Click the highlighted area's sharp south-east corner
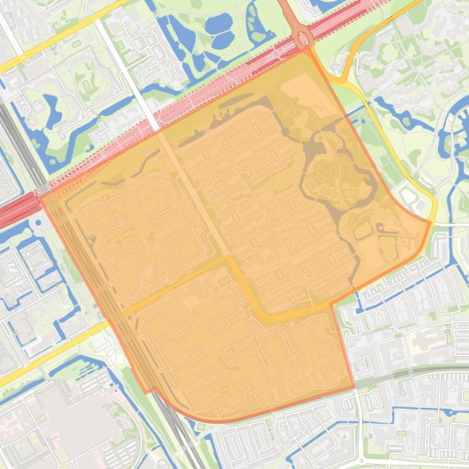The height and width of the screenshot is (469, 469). (x=354, y=386)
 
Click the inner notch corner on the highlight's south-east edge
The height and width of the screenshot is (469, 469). (x=331, y=303)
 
